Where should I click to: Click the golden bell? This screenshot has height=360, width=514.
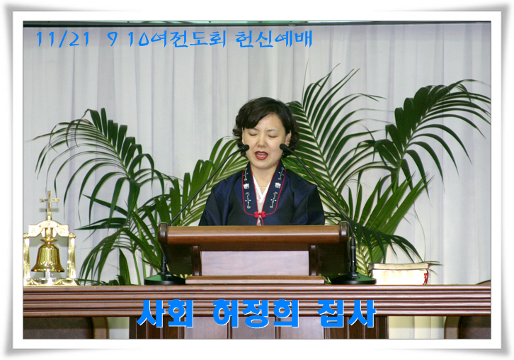click(x=48, y=259)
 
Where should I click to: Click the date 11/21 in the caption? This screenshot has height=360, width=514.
click(x=62, y=39)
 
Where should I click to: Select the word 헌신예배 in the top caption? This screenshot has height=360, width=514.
click(x=273, y=39)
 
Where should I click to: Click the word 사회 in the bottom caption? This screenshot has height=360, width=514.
click(x=164, y=313)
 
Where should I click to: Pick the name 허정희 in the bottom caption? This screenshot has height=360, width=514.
click(x=256, y=313)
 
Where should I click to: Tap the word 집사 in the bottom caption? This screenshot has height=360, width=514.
click(x=347, y=313)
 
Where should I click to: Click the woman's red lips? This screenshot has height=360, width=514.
click(x=261, y=155)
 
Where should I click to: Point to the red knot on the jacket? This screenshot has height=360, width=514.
click(x=260, y=215)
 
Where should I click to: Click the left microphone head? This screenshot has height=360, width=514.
click(x=244, y=147)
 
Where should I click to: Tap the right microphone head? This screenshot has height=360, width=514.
click(x=284, y=147)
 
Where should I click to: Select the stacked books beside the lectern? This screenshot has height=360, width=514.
click(x=399, y=274)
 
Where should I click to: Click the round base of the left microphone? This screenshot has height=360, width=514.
click(x=164, y=279)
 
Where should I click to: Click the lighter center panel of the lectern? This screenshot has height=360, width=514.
click(x=254, y=263)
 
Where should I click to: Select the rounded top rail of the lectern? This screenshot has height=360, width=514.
click(x=253, y=233)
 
